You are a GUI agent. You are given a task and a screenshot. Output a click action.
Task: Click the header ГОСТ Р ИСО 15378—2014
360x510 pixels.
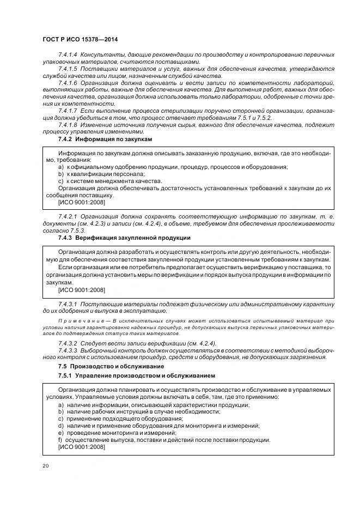tap(80, 40)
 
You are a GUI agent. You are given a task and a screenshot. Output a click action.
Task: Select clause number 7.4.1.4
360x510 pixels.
tap(68, 55)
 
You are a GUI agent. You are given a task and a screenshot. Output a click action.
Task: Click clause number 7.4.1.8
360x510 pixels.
tap(68, 125)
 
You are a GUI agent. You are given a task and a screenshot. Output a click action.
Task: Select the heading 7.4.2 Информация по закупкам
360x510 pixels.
tap(105, 139)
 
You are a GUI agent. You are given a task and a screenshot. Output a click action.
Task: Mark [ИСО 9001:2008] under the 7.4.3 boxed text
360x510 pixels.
tap(82, 290)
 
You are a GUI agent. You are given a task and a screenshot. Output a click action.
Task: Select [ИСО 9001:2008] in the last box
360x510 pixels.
tap(82, 447)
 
